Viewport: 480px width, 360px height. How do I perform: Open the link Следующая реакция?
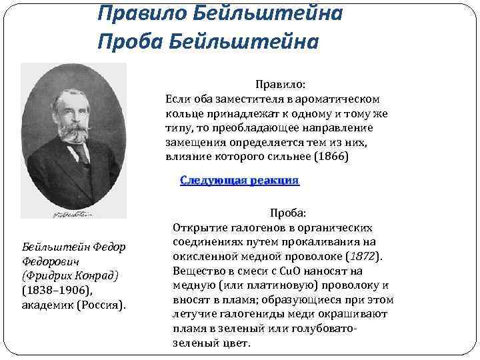(x=239, y=181)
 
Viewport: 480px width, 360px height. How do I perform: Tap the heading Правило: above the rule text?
(x=279, y=85)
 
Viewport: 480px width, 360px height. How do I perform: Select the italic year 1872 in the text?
(x=365, y=256)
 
